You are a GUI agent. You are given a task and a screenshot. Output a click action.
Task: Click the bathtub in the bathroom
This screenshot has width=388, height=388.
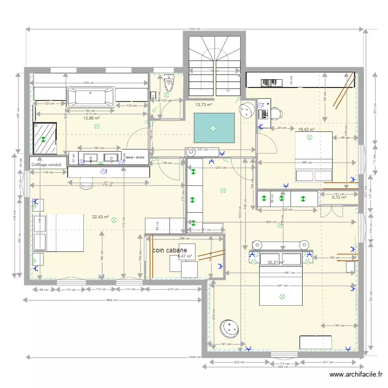click(91, 96)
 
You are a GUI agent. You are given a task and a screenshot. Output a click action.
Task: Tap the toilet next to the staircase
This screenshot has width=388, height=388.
click(169, 84)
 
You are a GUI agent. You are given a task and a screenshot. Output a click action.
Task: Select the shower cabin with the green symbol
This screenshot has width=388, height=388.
click(44, 139)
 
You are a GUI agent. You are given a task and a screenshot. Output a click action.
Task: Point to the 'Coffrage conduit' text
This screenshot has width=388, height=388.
click(47, 165)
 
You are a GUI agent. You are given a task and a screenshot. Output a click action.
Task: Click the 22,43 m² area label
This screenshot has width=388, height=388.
click(100, 217)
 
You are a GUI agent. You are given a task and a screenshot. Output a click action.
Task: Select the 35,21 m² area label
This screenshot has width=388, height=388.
click(276, 262)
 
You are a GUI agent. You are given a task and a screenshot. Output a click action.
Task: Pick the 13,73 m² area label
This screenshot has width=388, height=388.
click(204, 105)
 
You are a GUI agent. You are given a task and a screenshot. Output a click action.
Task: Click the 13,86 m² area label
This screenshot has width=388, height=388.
click(92, 118)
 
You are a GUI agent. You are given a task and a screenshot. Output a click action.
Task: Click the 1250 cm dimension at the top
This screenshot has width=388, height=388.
click(195, 29)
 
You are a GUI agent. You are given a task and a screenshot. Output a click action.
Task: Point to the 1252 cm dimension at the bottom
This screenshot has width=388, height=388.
click(195, 357)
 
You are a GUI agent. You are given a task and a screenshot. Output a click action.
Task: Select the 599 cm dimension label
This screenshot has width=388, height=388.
click(282, 366)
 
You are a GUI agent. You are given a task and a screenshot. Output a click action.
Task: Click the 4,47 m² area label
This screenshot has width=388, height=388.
click(185, 256)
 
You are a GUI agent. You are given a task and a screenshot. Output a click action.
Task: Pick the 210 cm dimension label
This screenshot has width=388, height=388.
click(174, 289)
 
